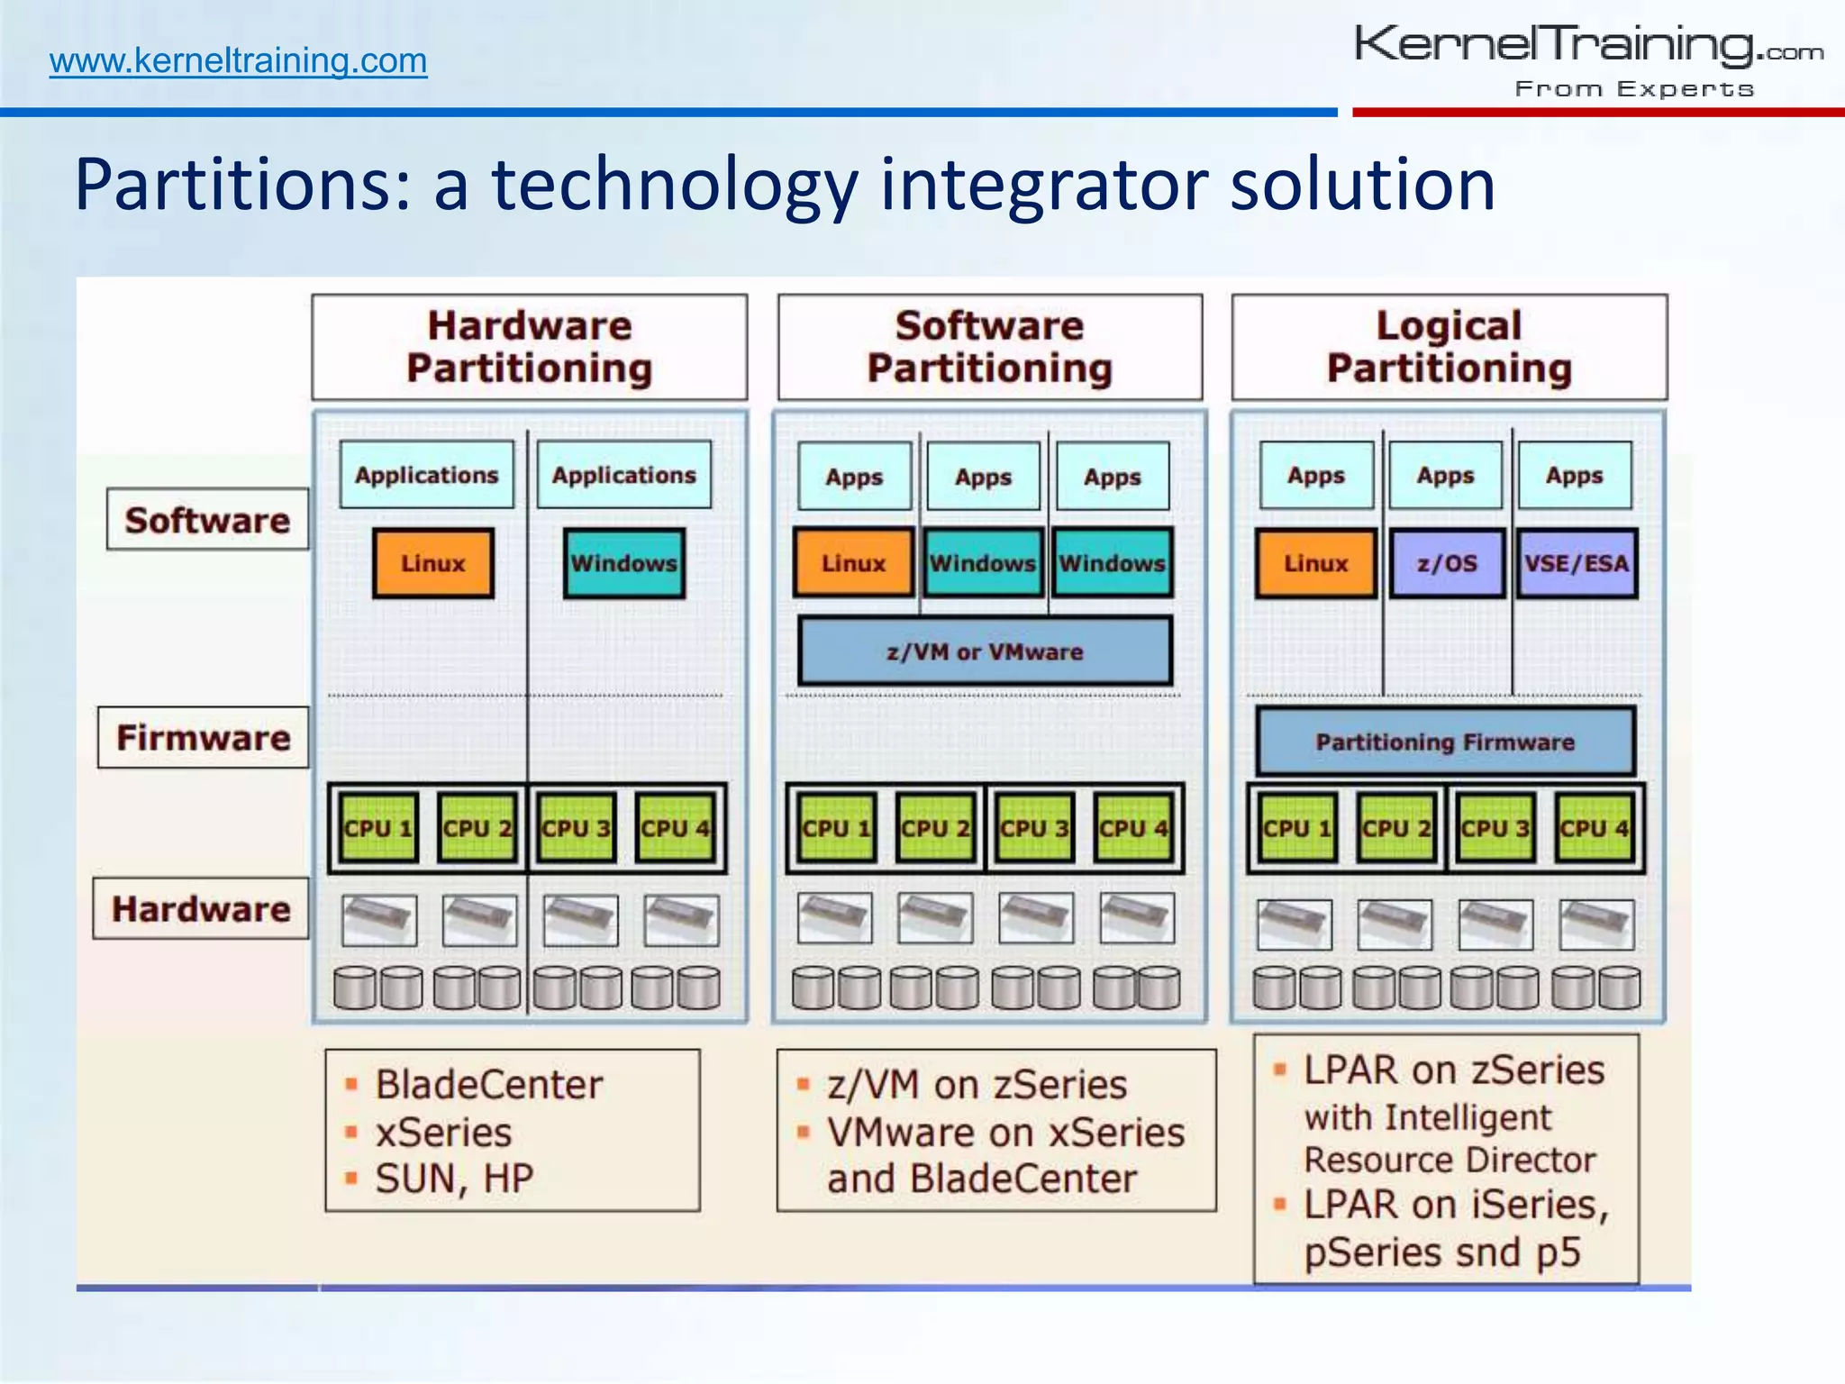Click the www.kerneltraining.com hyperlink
238,61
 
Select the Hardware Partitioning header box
530,347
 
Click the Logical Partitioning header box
1449,347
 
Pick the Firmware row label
204,738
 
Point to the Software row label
207,520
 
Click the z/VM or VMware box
985,651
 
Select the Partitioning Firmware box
1445,742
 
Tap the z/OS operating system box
1447,564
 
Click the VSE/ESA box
1577,564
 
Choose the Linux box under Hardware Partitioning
433,564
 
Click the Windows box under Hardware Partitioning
623,564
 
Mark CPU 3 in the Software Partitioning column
1034,828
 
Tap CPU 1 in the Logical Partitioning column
1297,828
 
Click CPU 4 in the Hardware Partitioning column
675,828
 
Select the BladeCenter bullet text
488,1085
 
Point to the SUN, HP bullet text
454,1179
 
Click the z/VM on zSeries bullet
977,1085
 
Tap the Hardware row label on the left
201,909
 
